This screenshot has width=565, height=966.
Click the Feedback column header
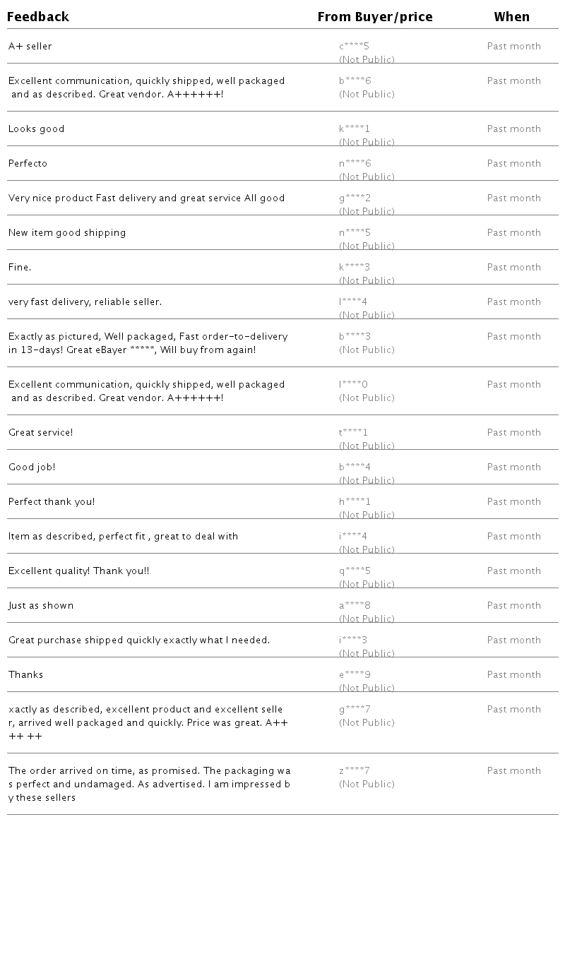pos(38,17)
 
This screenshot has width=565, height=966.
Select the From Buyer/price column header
pos(375,17)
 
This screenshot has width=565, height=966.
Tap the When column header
pos(511,17)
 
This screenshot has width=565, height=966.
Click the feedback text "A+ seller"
pos(30,47)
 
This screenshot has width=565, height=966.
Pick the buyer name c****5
pos(354,47)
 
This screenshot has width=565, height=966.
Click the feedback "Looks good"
pos(37,129)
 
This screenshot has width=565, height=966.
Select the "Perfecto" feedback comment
pos(28,164)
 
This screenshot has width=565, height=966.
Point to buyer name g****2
pos(355,198)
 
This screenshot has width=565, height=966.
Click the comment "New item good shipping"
pos(67,233)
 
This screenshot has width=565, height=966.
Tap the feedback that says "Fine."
pos(20,268)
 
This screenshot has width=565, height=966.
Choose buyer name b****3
pos(355,337)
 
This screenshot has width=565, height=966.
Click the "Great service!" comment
pos(41,433)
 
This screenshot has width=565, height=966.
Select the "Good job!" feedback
pos(32,467)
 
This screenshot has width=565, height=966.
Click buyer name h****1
pos(355,502)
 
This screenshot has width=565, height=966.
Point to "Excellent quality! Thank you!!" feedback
pos(79,571)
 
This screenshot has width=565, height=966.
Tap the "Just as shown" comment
pos(41,606)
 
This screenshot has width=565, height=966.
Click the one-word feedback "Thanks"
pos(26,675)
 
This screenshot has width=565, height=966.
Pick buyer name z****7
pos(355,771)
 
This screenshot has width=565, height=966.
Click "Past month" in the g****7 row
pos(514,710)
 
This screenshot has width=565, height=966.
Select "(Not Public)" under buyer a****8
pos(367,619)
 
